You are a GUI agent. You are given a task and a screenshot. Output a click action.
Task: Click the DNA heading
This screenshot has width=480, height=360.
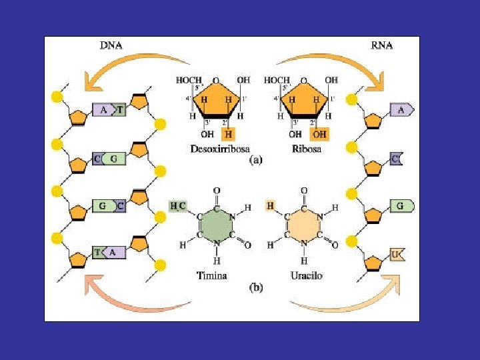pos(111,45)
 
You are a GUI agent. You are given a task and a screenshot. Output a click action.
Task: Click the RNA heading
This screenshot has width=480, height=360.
pos(382,45)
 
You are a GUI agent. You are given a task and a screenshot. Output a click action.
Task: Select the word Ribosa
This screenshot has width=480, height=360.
pos(307,149)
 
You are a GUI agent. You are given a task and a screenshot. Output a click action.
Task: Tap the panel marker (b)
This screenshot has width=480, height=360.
pos(256,288)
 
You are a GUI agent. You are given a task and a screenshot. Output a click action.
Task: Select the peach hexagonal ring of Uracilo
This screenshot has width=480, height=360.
pos(303,227)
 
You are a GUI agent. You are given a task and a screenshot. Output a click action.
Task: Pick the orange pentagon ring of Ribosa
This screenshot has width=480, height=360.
pos(305,99)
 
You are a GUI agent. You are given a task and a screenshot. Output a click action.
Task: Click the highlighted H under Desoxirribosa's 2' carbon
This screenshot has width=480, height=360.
pos(229,134)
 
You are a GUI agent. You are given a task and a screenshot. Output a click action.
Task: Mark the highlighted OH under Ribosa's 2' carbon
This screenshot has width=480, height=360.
pos(319,134)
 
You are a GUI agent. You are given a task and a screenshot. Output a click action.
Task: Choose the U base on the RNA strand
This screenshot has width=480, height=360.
pos(397,255)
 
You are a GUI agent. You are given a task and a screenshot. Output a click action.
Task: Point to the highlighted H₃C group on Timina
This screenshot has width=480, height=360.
pos(178,207)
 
